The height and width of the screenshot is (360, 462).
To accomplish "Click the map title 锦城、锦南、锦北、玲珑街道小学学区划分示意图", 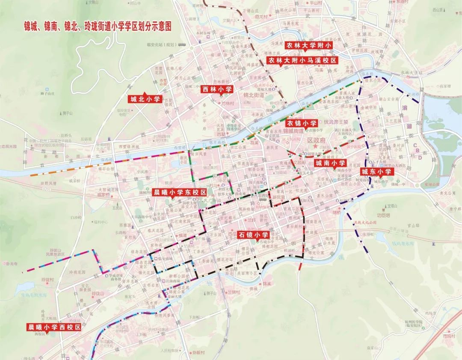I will (x=98, y=26).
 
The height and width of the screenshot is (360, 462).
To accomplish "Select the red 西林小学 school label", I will (x=217, y=89).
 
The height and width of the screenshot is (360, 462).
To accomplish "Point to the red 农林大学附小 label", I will (x=309, y=45).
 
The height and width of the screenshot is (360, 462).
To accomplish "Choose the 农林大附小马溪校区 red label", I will (x=302, y=60).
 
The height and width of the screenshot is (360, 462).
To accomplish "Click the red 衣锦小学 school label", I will (x=302, y=123).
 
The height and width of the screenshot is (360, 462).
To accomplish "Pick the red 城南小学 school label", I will (x=330, y=163).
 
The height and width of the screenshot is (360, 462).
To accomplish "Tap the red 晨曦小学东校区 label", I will (x=180, y=192).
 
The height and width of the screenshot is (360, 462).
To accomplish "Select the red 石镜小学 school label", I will (x=253, y=235).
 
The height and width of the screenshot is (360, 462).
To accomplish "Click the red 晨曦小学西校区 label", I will (x=54, y=327).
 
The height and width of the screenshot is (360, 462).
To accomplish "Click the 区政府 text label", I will (x=317, y=140).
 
